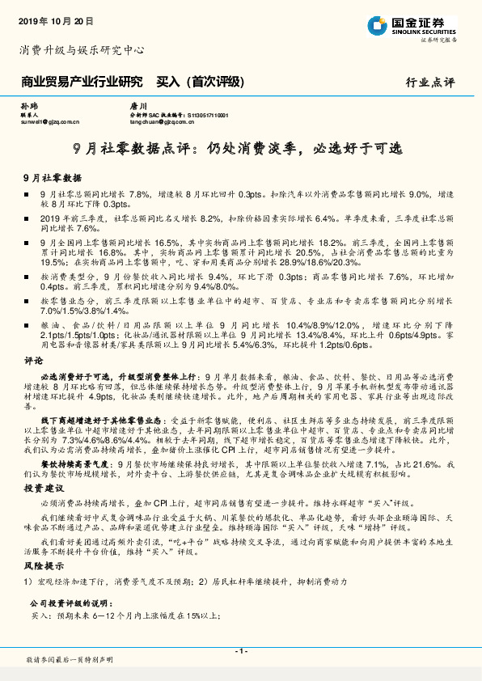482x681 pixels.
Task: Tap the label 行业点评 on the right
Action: (x=430, y=82)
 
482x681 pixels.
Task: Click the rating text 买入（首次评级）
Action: (x=202, y=82)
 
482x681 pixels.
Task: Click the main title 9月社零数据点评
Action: (x=240, y=148)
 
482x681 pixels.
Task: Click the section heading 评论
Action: (x=33, y=359)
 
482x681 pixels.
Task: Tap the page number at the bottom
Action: (x=240, y=651)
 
